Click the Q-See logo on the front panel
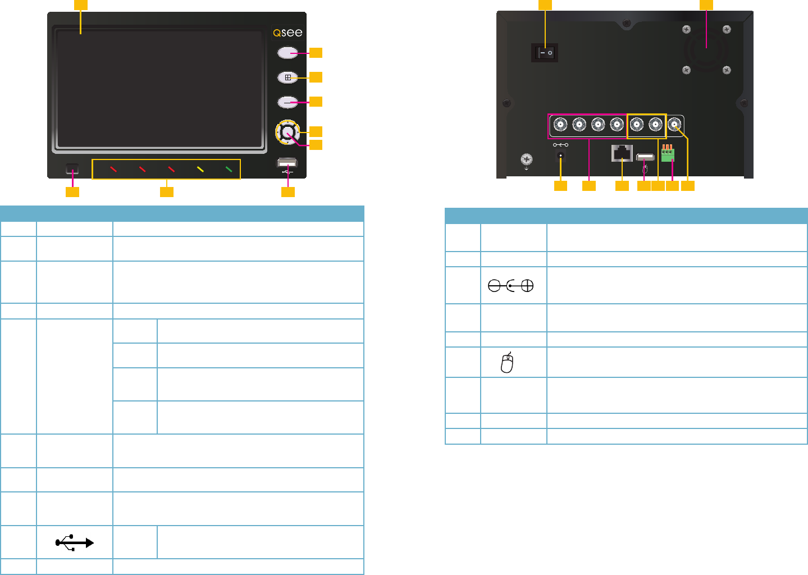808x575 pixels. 287,33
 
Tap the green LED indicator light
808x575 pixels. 229,169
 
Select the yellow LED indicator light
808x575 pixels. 200,169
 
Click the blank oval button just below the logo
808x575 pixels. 287,53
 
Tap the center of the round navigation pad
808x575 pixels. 287,133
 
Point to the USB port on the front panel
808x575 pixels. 287,163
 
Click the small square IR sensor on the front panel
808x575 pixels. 72,168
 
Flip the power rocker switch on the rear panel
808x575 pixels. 545,53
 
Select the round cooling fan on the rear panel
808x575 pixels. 706,50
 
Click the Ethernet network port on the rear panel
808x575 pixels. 622,153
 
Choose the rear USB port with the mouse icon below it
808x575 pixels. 645,157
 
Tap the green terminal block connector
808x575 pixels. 668,154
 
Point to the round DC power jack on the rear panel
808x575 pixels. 560,156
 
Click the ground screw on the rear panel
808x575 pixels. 526,159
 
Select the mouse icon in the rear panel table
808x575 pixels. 507,363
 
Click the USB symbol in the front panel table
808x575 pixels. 74,542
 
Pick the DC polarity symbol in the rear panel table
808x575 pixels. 510,286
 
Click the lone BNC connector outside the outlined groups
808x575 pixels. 674,124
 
